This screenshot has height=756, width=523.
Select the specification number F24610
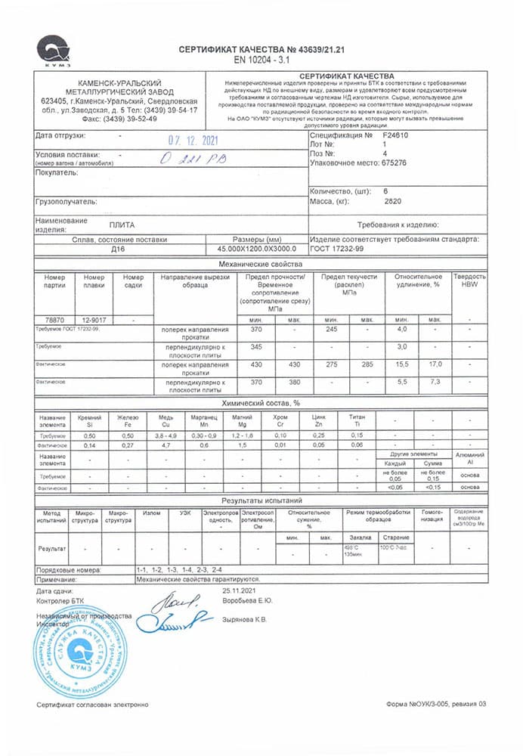tap(398, 135)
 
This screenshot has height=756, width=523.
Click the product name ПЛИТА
tap(121, 225)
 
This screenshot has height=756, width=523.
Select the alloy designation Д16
tap(118, 248)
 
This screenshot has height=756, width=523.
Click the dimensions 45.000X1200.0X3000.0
tap(257, 248)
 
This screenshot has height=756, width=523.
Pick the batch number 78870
tap(55, 320)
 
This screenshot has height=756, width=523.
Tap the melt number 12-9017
tap(94, 320)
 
